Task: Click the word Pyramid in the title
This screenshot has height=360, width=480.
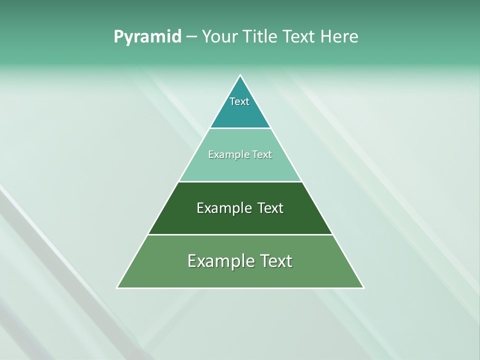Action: [x=147, y=37]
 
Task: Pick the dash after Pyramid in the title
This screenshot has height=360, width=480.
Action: [x=191, y=37]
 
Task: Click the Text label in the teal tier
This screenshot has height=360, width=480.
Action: [x=239, y=101]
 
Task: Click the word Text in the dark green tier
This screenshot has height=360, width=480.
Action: [x=270, y=208]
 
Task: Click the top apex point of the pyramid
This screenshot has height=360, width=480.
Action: [x=240, y=75]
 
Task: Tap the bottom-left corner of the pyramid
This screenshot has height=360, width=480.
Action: [x=117, y=287]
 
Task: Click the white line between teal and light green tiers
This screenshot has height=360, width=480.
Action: [x=240, y=128]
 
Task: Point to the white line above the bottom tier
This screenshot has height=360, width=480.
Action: [x=240, y=234]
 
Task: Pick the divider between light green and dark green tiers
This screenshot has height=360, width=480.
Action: [x=240, y=181]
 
